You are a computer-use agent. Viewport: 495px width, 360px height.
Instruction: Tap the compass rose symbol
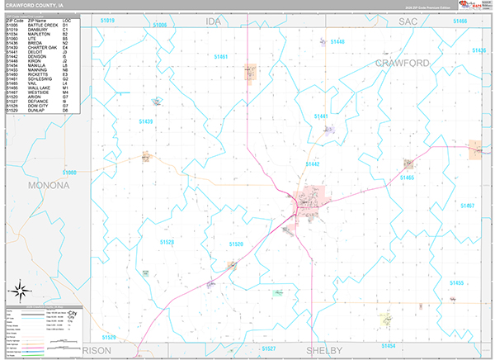pyautogui.click(x=18, y=291)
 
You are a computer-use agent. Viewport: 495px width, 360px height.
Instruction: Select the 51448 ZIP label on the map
pyautogui.click(x=337, y=41)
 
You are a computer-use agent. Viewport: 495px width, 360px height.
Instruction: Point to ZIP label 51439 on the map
pyautogui.click(x=146, y=121)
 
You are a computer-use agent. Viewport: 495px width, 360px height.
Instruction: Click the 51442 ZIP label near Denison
pyautogui.click(x=313, y=164)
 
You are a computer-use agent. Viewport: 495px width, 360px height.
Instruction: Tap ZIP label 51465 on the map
pyautogui.click(x=408, y=178)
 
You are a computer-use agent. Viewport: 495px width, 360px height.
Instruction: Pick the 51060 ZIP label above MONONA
pyautogui.click(x=69, y=173)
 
